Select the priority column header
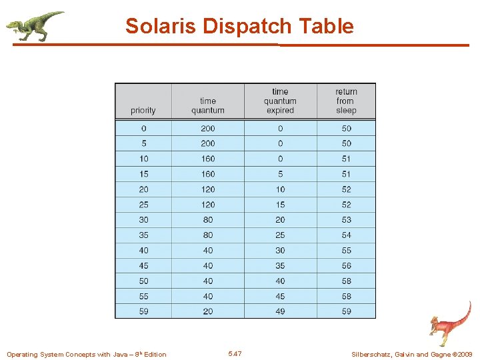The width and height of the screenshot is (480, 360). point(143,110)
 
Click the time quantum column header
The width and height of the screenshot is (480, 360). point(208,105)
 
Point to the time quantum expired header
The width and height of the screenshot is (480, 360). point(280,101)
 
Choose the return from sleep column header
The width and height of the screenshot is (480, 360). point(346,101)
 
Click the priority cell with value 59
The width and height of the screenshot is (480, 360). point(143,311)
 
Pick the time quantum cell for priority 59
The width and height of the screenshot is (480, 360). point(208,311)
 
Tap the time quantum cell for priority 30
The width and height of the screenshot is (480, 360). point(208,219)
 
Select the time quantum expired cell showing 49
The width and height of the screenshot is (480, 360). point(280,311)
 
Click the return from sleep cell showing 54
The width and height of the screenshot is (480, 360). point(346,235)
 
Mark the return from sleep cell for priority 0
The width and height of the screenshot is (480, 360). point(346,128)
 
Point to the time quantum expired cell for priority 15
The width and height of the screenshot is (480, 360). point(280,174)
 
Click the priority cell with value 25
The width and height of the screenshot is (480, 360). point(143,204)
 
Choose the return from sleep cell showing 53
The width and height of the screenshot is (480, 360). point(346,219)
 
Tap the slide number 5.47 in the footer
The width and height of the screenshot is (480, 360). point(235,353)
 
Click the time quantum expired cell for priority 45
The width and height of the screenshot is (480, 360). point(280,265)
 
